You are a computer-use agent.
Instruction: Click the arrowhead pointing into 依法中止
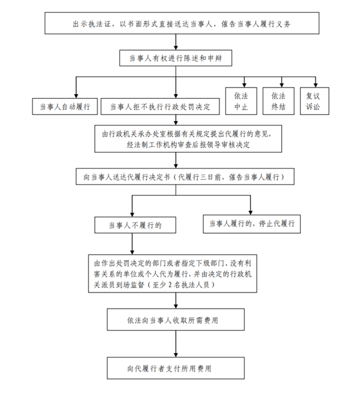[244, 85]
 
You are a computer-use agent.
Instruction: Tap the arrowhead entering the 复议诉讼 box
[315, 85]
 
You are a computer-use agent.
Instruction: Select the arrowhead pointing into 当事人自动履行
[76, 96]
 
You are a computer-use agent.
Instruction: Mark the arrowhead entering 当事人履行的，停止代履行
[250, 213]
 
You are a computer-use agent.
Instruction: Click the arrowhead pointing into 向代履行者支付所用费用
[176, 355]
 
